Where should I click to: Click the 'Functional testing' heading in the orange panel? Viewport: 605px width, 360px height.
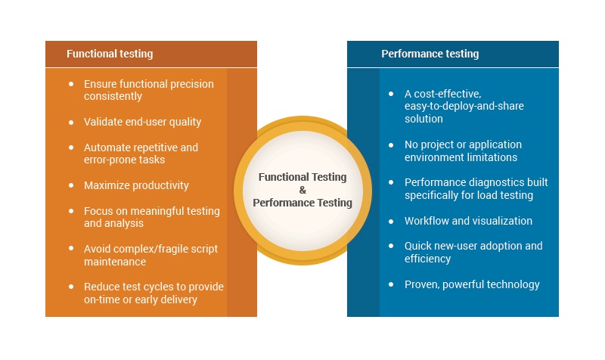pyautogui.click(x=110, y=54)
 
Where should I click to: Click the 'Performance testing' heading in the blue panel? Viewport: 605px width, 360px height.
pyautogui.click(x=430, y=54)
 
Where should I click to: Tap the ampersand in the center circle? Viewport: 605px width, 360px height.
pyautogui.click(x=302, y=190)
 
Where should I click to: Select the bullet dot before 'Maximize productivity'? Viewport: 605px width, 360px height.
pyautogui.click(x=71, y=185)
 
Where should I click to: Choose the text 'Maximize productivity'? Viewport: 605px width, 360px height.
pyautogui.click(x=136, y=185)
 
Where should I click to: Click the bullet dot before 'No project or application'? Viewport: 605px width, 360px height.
pyautogui.click(x=391, y=144)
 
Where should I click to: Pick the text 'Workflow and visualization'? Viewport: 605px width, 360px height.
pyautogui.click(x=468, y=221)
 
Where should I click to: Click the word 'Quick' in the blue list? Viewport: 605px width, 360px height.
pyautogui.click(x=418, y=246)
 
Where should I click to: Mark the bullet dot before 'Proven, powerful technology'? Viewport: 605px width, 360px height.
pyautogui.click(x=391, y=284)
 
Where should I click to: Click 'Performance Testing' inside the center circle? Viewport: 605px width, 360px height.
pyautogui.click(x=302, y=203)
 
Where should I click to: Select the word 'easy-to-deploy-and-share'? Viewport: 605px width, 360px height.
pyautogui.click(x=464, y=107)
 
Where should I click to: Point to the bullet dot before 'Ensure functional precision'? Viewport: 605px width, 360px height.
pyautogui.click(x=71, y=84)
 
